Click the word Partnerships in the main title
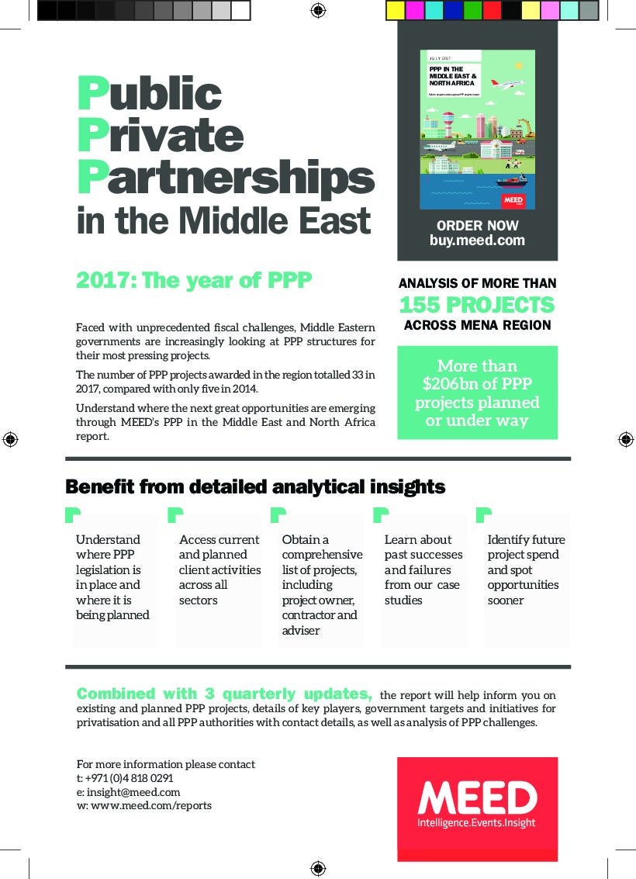click(x=225, y=178)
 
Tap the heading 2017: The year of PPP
click(x=194, y=280)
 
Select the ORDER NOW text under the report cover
click(x=477, y=226)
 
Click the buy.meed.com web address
click(x=477, y=241)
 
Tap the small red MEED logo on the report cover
click(x=513, y=200)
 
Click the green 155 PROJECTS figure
click(x=477, y=305)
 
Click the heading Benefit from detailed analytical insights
click(x=255, y=487)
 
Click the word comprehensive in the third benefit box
click(x=322, y=555)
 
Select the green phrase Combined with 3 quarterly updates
click(x=224, y=694)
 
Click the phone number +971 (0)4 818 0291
click(x=129, y=778)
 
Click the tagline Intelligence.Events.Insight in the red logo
click(x=476, y=823)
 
